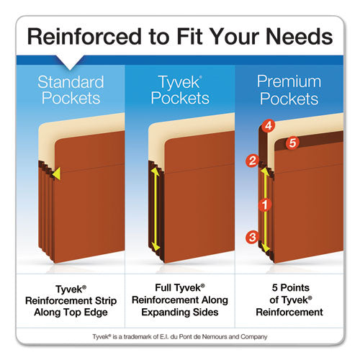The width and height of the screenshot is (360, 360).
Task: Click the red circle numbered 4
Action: coord(268,125)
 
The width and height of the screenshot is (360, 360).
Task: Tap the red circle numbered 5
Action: coord(292,143)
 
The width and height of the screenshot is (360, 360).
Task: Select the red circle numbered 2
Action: coord(252,161)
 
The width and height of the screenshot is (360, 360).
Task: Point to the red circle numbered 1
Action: coord(264,204)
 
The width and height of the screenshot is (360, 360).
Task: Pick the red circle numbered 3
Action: coord(251,236)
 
